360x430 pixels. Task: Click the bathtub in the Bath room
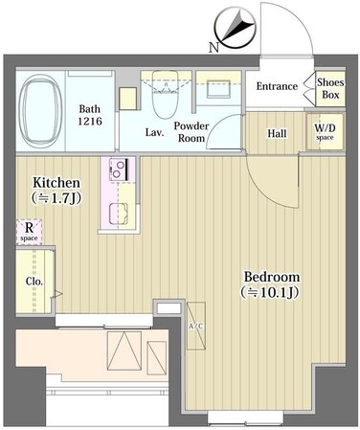(40, 110)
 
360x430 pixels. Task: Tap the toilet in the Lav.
(165, 95)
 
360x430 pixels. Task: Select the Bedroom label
(272, 277)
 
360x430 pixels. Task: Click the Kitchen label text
(56, 183)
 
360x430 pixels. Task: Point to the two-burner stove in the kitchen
(119, 170)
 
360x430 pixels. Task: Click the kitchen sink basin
(119, 214)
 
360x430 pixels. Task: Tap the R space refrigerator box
(29, 232)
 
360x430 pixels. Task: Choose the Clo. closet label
(34, 282)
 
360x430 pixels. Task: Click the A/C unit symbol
(195, 326)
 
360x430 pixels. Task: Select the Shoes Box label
(330, 88)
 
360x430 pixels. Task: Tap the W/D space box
(326, 131)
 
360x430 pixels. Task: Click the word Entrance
(277, 86)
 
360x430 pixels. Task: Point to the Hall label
(277, 133)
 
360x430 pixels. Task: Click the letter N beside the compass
(214, 48)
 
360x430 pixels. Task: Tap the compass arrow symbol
(236, 29)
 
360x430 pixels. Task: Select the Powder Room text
(191, 132)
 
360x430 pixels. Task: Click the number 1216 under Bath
(90, 122)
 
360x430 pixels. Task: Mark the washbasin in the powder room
(218, 89)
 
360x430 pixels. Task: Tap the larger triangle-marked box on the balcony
(124, 351)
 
